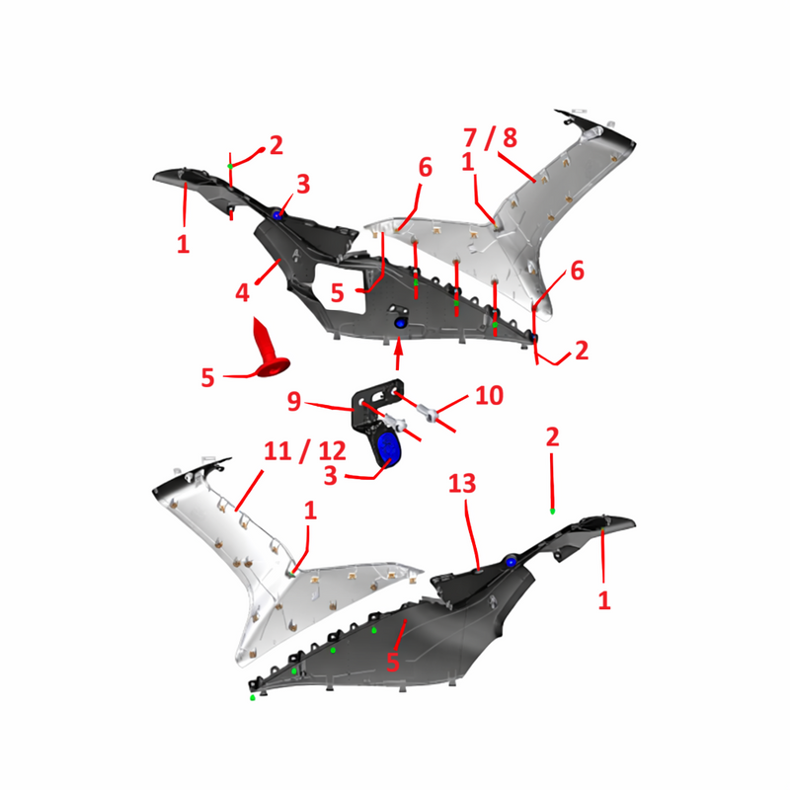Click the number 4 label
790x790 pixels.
(x=242, y=292)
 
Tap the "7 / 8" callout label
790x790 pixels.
(x=490, y=137)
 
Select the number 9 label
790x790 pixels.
(x=293, y=402)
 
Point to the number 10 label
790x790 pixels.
(x=489, y=396)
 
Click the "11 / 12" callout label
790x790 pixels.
(x=305, y=451)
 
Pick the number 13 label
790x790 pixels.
(x=462, y=484)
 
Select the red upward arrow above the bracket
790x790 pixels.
(x=398, y=355)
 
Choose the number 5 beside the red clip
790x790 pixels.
(x=207, y=378)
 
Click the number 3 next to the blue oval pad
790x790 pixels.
(x=331, y=476)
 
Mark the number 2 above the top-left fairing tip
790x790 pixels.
(x=276, y=145)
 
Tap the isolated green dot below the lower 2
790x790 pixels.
(x=553, y=512)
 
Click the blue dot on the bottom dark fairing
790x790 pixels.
(x=511, y=562)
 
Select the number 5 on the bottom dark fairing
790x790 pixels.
(x=393, y=662)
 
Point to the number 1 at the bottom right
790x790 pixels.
(x=604, y=600)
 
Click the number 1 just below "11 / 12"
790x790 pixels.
(x=310, y=511)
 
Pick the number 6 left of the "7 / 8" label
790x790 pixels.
(x=426, y=167)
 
